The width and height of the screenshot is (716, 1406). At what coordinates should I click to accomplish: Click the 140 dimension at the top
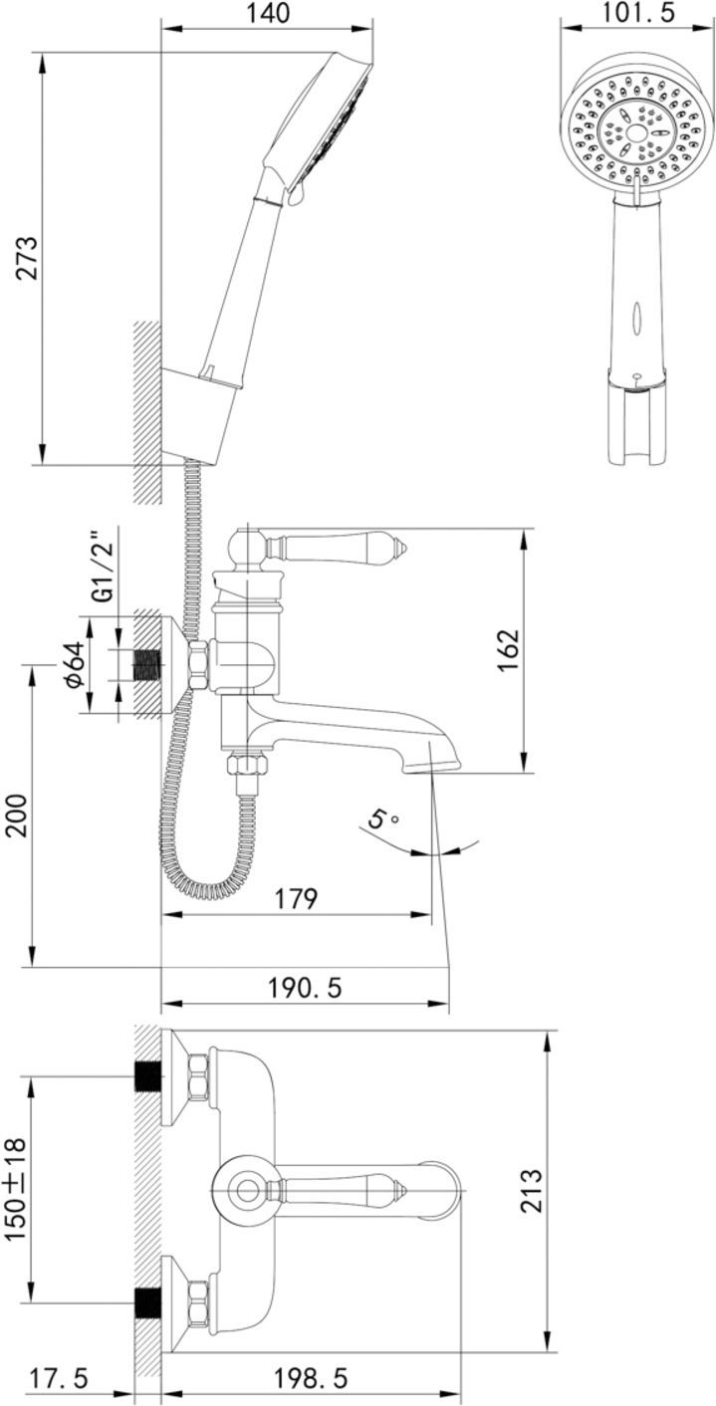(x=266, y=14)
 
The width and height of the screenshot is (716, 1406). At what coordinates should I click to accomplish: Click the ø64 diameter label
(x=72, y=665)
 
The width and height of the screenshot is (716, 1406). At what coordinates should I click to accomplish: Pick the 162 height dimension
(x=508, y=652)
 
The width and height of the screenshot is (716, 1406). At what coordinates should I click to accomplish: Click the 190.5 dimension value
(x=304, y=988)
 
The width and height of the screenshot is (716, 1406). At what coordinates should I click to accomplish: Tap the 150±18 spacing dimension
(x=15, y=1189)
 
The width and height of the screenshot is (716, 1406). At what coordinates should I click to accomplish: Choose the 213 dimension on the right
(x=533, y=1191)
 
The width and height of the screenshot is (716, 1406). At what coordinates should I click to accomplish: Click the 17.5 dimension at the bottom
(x=57, y=1379)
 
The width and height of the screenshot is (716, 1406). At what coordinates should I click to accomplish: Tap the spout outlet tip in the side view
(x=431, y=764)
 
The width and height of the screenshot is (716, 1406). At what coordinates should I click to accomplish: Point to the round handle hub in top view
(x=243, y=1189)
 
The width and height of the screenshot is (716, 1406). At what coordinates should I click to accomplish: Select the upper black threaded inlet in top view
(x=147, y=1077)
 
